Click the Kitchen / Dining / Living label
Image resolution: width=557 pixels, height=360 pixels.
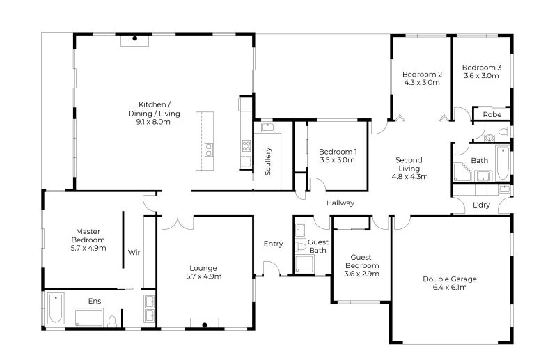(x=154, y=113)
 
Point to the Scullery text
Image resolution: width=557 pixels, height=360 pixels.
(x=268, y=160)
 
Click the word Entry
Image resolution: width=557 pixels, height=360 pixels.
(x=273, y=244)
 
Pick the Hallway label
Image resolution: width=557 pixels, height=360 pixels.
(x=341, y=203)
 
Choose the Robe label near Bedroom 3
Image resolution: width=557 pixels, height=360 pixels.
(x=492, y=114)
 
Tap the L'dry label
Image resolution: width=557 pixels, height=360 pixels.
(x=480, y=205)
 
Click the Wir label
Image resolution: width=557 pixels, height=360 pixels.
(x=134, y=252)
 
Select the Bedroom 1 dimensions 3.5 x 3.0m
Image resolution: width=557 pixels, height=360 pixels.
(x=338, y=160)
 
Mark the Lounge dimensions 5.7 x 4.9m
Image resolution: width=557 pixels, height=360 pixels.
(x=203, y=276)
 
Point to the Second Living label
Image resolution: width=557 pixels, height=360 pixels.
(x=409, y=168)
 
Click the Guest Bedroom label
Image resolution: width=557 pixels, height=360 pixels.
(x=361, y=261)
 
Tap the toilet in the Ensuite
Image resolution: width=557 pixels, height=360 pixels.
(x=112, y=320)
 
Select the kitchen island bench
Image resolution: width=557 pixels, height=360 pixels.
(x=207, y=139)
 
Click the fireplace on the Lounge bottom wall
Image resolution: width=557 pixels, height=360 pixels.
(x=204, y=323)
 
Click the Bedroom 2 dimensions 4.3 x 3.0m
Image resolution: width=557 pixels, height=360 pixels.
(x=422, y=82)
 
